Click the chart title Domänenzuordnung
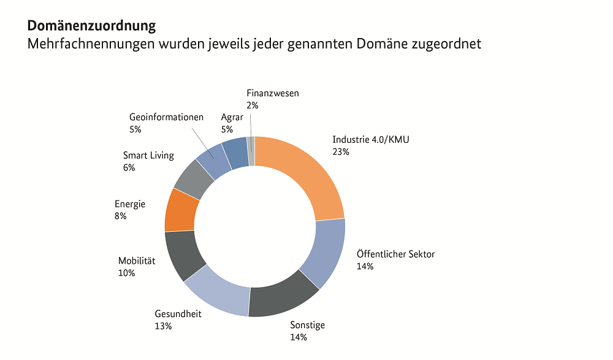(91, 26)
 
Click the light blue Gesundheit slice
(218, 292)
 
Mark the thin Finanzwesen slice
(251, 151)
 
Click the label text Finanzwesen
(273, 93)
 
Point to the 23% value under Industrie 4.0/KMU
(341, 151)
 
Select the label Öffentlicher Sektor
(395, 254)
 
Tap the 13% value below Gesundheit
(164, 326)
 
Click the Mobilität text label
(137, 261)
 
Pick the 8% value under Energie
(121, 216)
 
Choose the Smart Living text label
(148, 155)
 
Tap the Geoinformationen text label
(166, 117)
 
